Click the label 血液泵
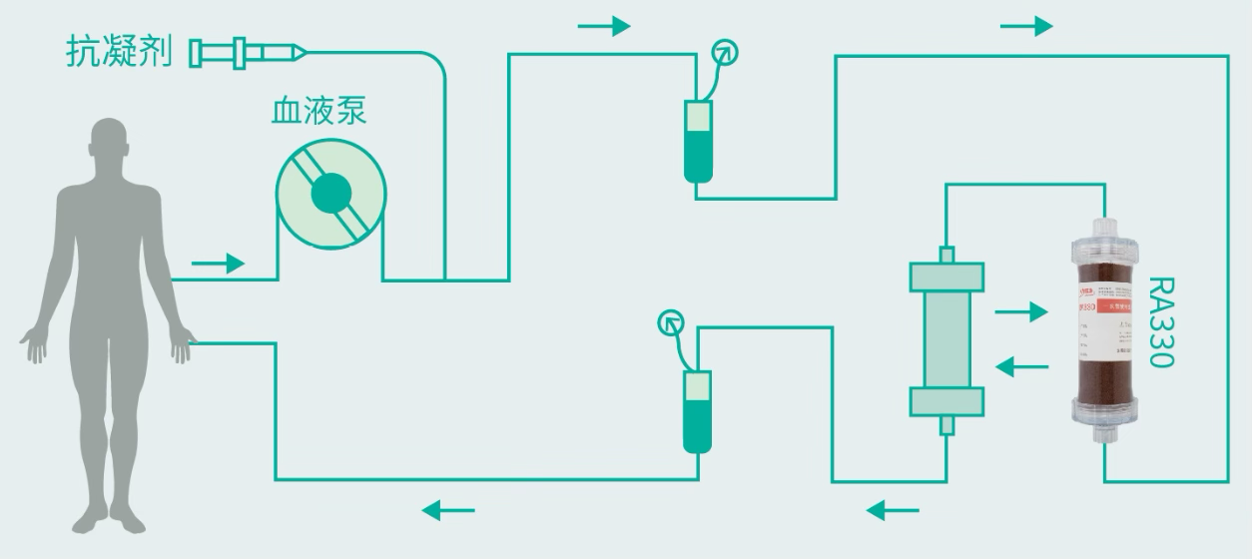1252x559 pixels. click(x=318, y=110)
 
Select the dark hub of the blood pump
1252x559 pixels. click(x=330, y=194)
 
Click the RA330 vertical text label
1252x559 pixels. click(x=1161, y=322)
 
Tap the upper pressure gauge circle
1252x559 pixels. click(x=726, y=52)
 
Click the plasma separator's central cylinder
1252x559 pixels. click(x=946, y=339)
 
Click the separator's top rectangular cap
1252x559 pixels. click(x=946, y=278)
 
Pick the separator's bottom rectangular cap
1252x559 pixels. click(x=946, y=401)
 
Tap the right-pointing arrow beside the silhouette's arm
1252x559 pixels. click(x=218, y=264)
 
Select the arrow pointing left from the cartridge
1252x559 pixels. click(x=1022, y=368)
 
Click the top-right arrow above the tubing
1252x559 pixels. click(x=1026, y=26)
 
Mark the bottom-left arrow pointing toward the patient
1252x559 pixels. click(x=448, y=511)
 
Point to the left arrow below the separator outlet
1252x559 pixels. click(x=892, y=511)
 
